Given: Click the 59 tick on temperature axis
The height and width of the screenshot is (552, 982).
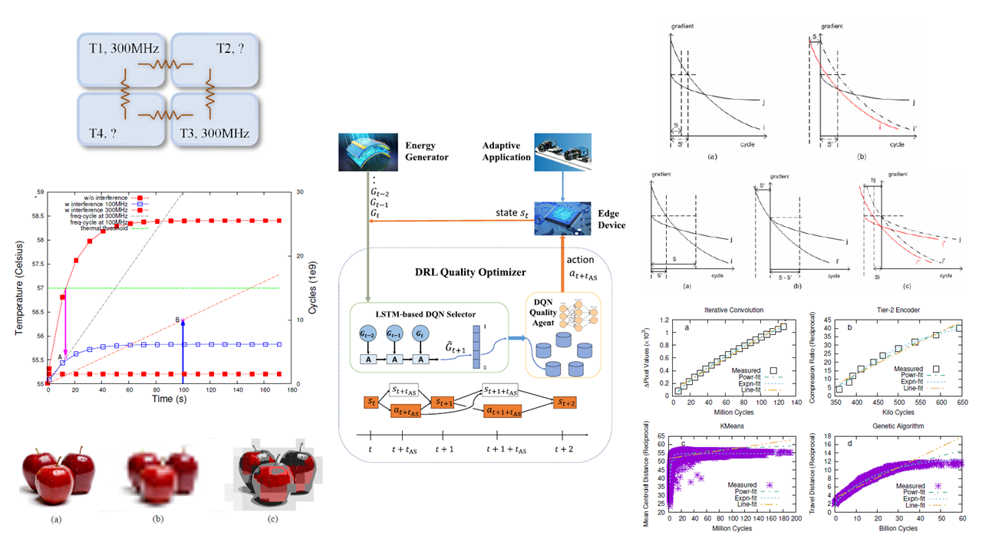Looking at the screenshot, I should click(x=40, y=193).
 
